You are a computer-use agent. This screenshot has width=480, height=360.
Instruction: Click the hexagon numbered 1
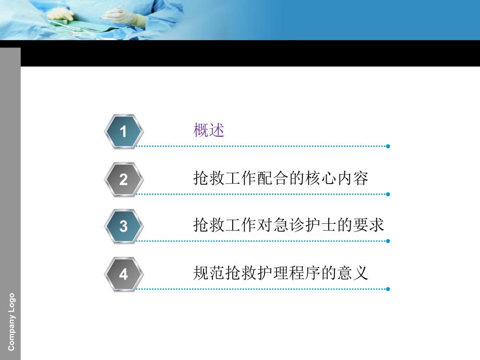click(123, 131)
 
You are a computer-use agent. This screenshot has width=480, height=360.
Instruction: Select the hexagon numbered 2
click(123, 179)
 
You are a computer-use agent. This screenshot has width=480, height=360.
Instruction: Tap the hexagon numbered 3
click(123, 226)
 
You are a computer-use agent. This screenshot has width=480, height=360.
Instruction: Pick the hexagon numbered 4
click(123, 274)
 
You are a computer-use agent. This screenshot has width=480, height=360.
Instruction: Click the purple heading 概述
click(209, 130)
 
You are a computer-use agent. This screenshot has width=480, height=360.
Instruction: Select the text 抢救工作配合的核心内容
click(281, 178)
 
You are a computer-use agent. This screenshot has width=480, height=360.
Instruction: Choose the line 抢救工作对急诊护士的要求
click(289, 225)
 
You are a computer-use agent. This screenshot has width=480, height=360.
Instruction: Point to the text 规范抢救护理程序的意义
click(281, 273)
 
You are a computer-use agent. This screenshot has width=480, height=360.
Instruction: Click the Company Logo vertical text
click(11, 322)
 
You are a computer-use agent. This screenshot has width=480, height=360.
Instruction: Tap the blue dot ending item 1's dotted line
click(388, 146)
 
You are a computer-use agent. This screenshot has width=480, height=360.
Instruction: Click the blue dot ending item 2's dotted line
click(388, 194)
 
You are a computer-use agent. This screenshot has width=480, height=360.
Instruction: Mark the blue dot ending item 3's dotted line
click(388, 241)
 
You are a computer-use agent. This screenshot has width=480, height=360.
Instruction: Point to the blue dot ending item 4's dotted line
click(388, 289)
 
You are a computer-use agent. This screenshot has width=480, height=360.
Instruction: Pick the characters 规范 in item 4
click(209, 273)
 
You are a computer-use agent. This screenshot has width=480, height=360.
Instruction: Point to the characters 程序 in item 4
click(305, 273)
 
